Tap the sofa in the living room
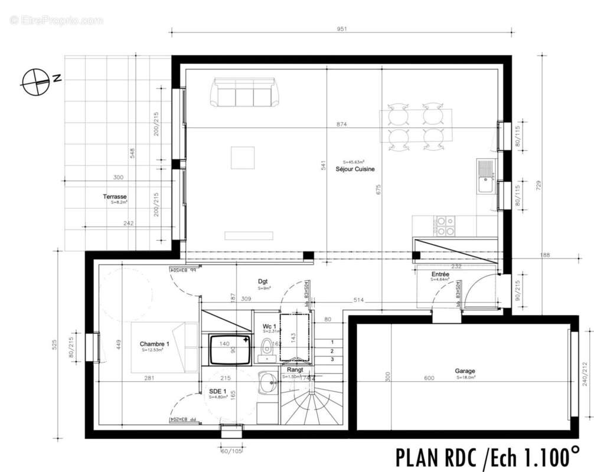(244, 93)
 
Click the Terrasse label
(115, 197)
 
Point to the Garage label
(465, 371)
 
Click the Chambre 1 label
(154, 344)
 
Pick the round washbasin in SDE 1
(267, 383)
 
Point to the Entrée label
(440, 274)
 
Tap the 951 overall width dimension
(341, 28)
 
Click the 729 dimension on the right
(538, 185)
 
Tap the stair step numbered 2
(332, 350)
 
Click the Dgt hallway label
(263, 281)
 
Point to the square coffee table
(243, 158)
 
